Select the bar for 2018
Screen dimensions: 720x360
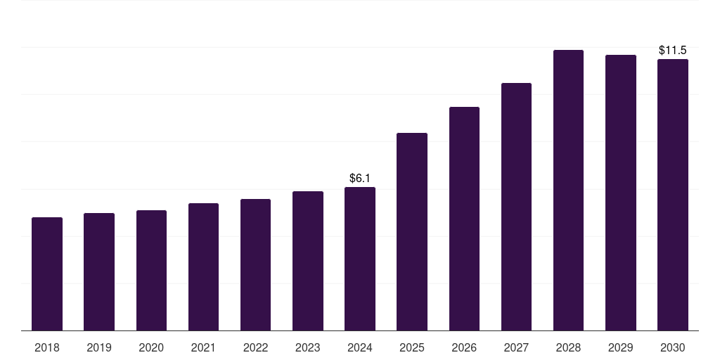(47, 274)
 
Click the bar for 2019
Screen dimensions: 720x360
(99, 272)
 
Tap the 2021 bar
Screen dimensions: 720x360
(203, 266)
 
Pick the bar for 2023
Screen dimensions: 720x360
(308, 261)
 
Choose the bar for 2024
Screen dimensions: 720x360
(360, 259)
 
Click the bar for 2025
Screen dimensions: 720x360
(412, 232)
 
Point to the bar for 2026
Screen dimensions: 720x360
(464, 219)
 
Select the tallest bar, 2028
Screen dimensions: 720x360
(568, 190)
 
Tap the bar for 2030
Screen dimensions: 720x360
(673, 195)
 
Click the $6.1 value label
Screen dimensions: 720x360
(360, 178)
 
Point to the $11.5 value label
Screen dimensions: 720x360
(673, 50)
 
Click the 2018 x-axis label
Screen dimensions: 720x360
(47, 348)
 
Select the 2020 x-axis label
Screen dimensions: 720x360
(151, 348)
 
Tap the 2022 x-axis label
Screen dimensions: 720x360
(255, 348)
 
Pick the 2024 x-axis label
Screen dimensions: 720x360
(360, 348)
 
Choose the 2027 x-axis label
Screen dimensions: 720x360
(516, 348)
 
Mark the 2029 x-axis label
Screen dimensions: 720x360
(620, 348)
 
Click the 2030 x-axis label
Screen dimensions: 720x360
(673, 348)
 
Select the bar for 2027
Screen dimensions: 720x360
(516, 207)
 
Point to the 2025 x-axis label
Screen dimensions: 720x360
(412, 348)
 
